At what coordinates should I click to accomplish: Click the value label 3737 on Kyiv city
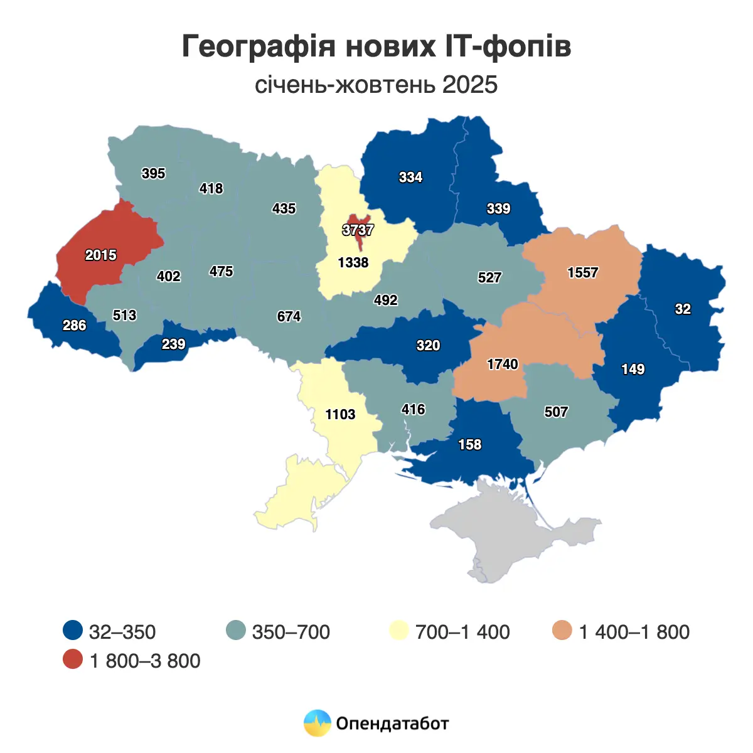[358, 230]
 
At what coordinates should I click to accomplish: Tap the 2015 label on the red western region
[101, 255]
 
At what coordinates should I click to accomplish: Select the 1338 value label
[353, 262]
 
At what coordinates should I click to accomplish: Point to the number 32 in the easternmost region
[683, 309]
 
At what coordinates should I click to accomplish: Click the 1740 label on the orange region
[503, 364]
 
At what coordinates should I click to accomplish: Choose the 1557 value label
[582, 272]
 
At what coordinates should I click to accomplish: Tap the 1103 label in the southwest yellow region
[340, 414]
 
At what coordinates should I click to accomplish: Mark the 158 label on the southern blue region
[469, 444]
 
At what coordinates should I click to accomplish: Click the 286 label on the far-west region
[74, 325]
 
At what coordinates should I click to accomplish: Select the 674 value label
[289, 316]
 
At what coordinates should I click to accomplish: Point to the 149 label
[633, 369]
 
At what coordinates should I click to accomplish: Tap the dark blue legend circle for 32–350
[73, 631]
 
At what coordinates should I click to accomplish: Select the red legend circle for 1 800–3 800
[73, 660]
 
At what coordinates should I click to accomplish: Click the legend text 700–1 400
[462, 631]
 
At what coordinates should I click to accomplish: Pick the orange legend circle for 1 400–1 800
[563, 631]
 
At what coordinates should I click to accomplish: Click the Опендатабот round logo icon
[317, 723]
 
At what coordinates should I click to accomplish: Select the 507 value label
[556, 412]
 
